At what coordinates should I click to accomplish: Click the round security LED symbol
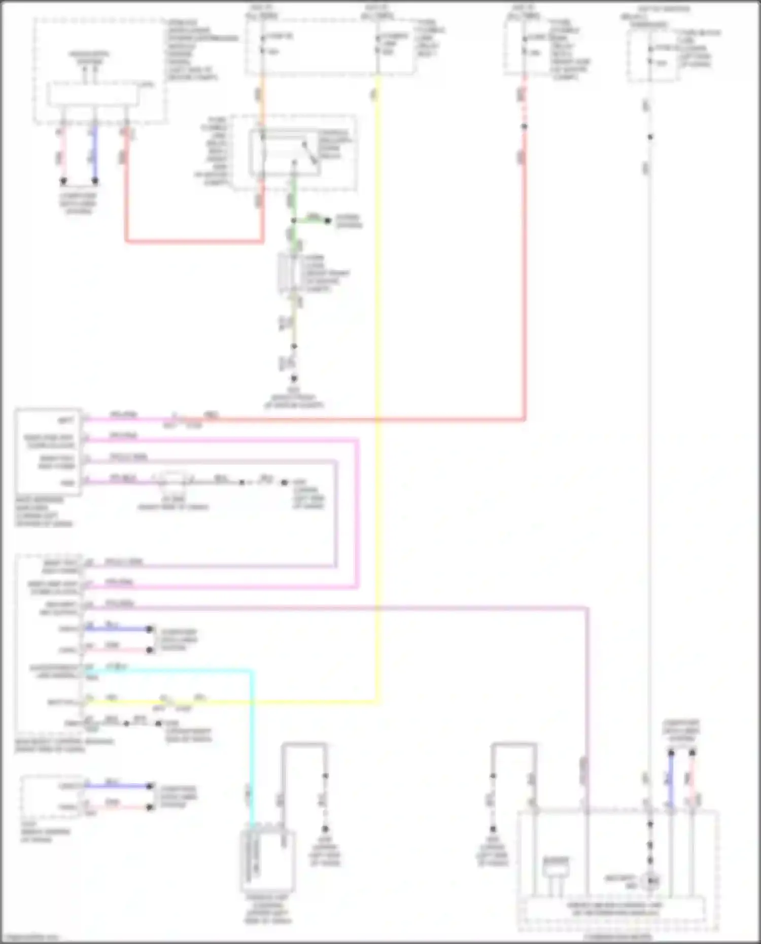[x=650, y=882]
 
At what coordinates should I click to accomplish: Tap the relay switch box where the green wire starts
[x=284, y=152]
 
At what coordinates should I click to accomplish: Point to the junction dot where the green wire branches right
[x=293, y=221]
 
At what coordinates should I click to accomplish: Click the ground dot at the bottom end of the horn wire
[x=293, y=378]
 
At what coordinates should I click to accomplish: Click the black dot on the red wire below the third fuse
[x=524, y=126]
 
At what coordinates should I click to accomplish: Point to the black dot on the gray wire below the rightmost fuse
[x=650, y=137]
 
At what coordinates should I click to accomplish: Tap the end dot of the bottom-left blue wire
[x=150, y=786]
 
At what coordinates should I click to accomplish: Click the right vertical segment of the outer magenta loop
[x=358, y=512]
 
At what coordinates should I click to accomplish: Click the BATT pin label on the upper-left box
[x=66, y=420]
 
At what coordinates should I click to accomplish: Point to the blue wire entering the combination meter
[x=671, y=781]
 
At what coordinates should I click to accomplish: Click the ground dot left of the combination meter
[x=493, y=829]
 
